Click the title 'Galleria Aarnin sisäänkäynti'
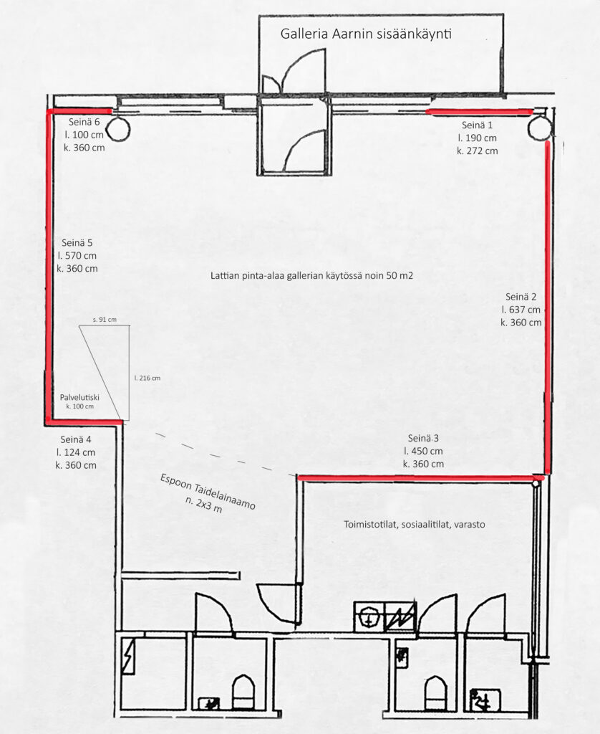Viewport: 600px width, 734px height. click(x=366, y=34)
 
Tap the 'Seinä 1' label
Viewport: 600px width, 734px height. click(x=477, y=125)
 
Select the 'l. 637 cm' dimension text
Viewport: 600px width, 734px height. click(x=521, y=310)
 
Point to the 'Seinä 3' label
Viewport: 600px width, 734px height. click(x=423, y=438)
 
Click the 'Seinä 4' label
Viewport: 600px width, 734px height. click(x=76, y=439)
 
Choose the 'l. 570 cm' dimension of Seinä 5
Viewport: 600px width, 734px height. click(x=77, y=256)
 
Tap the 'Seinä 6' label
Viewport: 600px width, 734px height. click(x=84, y=122)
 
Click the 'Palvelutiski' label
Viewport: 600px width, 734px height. click(x=79, y=397)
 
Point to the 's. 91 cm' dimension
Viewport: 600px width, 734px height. click(x=105, y=320)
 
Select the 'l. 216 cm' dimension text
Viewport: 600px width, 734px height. click(x=147, y=378)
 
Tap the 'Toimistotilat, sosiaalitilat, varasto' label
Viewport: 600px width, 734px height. click(x=415, y=524)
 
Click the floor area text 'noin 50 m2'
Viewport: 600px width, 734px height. click(x=391, y=276)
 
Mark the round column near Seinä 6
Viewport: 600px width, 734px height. click(x=118, y=129)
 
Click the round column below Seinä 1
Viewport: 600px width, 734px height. click(x=540, y=128)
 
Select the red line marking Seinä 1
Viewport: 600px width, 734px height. click(x=479, y=112)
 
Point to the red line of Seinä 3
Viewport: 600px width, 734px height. click(x=421, y=478)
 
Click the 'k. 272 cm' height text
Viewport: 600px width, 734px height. click(x=478, y=151)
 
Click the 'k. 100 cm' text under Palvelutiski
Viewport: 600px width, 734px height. click(x=80, y=406)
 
